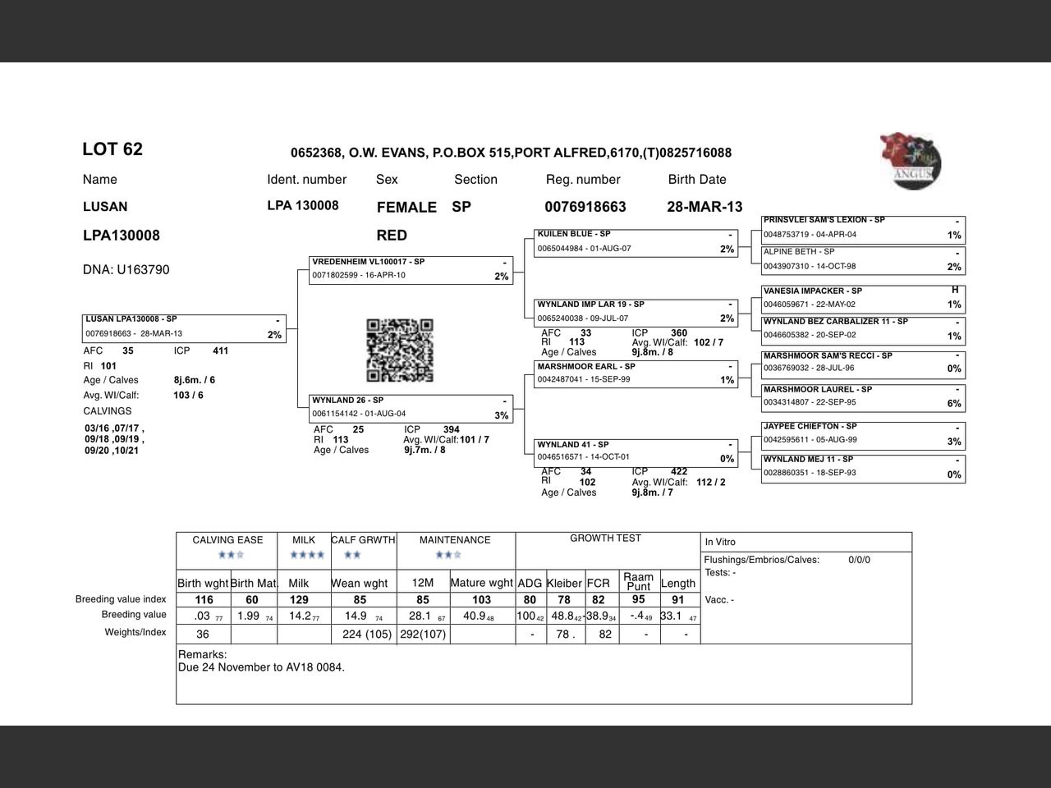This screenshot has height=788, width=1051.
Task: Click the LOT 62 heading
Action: click(x=112, y=149)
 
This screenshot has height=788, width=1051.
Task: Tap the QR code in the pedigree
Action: click(x=399, y=350)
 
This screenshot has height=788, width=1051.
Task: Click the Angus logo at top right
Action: click(x=911, y=162)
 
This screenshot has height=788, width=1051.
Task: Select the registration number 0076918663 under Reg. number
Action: click(x=585, y=207)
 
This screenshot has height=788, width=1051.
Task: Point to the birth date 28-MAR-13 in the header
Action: click(x=704, y=207)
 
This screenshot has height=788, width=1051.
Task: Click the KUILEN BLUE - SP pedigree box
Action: click(x=636, y=242)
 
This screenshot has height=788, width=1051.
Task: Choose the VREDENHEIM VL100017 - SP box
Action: click(x=411, y=269)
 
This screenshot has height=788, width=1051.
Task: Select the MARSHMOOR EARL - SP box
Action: click(x=636, y=373)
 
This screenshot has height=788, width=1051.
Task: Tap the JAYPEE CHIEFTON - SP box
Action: click(x=862, y=433)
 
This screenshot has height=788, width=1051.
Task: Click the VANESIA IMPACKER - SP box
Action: click(x=862, y=297)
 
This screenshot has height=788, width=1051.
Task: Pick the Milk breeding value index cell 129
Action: click(x=300, y=600)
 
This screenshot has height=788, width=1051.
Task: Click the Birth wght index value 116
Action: click(x=204, y=600)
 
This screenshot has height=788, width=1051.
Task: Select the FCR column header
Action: click(x=599, y=583)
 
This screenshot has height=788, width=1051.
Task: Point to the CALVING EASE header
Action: click(x=227, y=540)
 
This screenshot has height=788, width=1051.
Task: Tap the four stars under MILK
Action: click(x=307, y=555)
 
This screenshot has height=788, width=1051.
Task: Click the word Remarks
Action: click(x=202, y=654)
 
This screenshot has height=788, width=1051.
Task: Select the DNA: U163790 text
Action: click(x=126, y=270)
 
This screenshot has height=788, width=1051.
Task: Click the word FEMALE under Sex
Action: click(x=406, y=208)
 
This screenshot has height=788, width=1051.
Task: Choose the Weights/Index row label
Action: click(x=135, y=632)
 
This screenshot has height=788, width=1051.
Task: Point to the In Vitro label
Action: click(x=720, y=542)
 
